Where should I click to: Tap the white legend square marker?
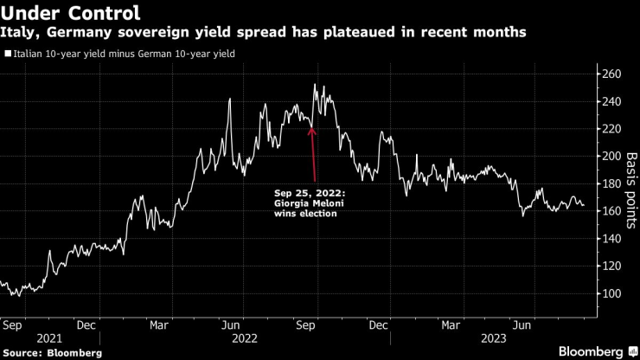(x=8, y=54)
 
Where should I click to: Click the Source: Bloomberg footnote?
(x=53, y=353)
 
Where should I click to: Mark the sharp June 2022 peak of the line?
(x=230, y=99)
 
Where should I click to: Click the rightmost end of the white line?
(x=583, y=205)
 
